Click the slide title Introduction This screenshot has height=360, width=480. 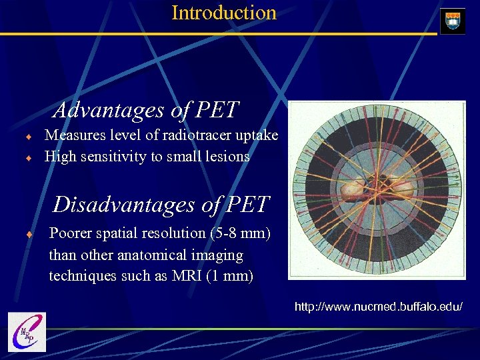tap(224, 13)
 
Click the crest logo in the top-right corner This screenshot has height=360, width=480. tap(453, 21)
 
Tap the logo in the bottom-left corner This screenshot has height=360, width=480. tap(27, 331)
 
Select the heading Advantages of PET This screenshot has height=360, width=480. tap(146, 109)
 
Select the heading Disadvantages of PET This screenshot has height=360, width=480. tap(161, 204)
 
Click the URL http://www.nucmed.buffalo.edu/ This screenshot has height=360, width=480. tap(378, 307)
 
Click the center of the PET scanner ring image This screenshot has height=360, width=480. tap(377, 190)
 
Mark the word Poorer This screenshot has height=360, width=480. tap(71, 233)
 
